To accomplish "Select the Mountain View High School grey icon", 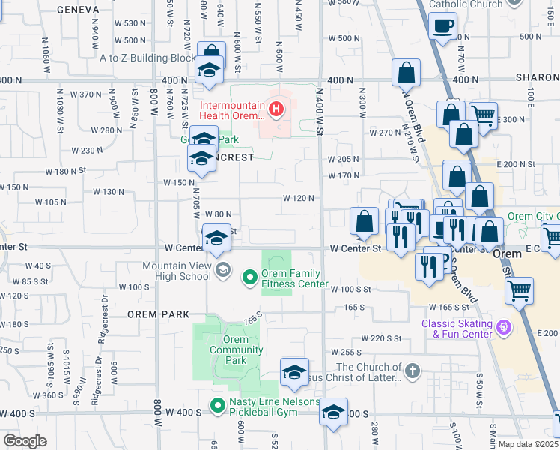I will click(x=222, y=269).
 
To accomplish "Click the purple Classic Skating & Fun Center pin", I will click(x=504, y=327).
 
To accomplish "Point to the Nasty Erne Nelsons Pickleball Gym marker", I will click(x=218, y=406).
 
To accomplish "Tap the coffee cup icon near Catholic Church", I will click(x=444, y=26).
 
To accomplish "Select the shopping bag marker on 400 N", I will click(x=406, y=73).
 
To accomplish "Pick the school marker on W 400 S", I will click(x=333, y=410).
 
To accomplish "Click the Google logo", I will click(x=25, y=440).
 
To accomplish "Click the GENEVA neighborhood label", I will click(x=78, y=9).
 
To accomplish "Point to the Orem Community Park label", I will click(x=236, y=349).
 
